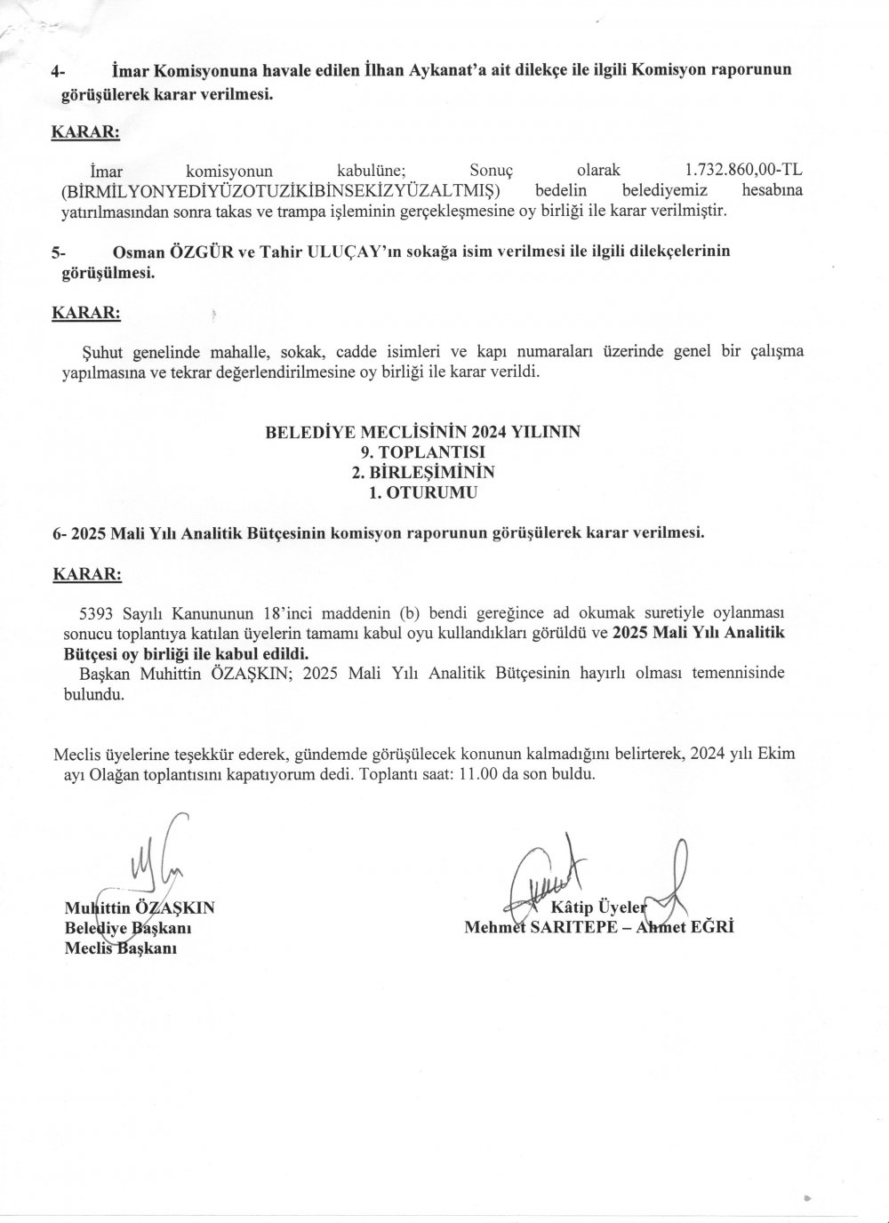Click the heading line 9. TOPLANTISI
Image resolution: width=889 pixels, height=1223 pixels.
click(422, 452)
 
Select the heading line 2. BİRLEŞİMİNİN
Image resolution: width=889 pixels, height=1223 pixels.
click(422, 471)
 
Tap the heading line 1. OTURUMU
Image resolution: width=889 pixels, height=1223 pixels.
click(422, 491)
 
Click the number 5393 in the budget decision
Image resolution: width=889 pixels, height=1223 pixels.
click(99, 613)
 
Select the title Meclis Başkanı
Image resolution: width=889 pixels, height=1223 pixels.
click(122, 948)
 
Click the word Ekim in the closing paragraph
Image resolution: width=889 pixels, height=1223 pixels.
click(776, 755)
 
